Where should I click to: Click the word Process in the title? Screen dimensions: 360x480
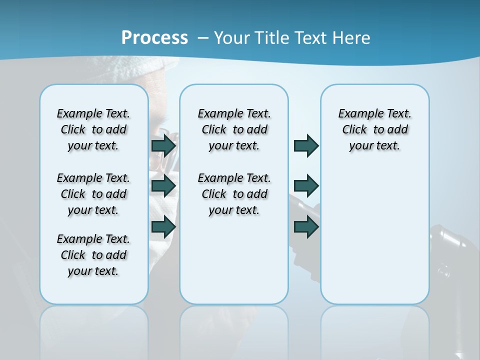pos(154,37)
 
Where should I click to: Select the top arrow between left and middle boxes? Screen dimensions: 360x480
pos(163,146)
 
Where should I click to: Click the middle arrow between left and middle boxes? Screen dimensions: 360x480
pos(163,186)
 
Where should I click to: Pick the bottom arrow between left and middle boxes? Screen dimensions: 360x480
pos(163,226)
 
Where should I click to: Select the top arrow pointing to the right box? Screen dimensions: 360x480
pos(306,146)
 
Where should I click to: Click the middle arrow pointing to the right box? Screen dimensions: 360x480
pos(306,186)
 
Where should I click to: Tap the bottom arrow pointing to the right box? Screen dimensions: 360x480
pos(306,226)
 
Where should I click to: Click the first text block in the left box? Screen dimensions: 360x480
pos(93,129)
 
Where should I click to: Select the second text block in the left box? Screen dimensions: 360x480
pos(93,194)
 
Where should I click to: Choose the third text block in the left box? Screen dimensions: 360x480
pos(93,255)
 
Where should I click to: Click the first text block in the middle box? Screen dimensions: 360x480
pos(234,129)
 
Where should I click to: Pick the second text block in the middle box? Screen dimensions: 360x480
pos(234,194)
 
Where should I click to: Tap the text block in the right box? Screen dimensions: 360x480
pos(374,129)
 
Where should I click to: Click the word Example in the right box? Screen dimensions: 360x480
pos(356,114)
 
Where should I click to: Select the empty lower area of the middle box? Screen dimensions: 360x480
pos(234,265)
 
